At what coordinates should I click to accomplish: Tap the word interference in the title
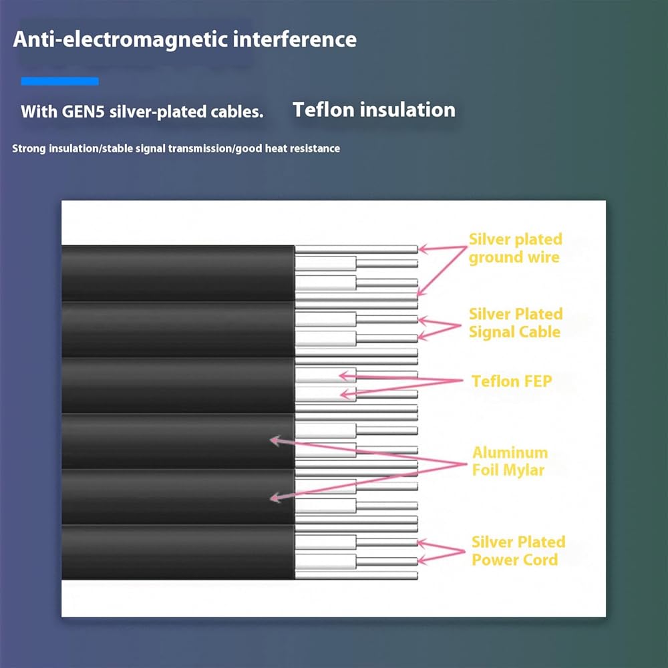[x=295, y=39]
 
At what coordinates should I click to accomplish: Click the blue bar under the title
[x=60, y=81]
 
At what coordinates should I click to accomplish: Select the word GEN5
[x=83, y=112]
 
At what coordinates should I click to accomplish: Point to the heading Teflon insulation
[x=373, y=110]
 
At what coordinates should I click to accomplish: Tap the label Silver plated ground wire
[x=516, y=248]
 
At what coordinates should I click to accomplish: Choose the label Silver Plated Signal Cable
[x=516, y=323]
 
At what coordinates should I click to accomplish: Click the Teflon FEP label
[x=512, y=381]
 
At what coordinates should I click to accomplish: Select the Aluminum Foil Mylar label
[x=510, y=462]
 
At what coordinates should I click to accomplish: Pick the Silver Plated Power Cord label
[x=518, y=551]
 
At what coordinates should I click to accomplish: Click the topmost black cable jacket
[x=178, y=273]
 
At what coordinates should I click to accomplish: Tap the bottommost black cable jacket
[x=178, y=552]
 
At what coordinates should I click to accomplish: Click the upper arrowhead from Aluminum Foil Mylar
[x=276, y=441]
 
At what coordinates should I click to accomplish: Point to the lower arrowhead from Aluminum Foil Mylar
[x=276, y=497]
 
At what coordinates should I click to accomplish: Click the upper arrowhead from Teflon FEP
[x=346, y=375]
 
